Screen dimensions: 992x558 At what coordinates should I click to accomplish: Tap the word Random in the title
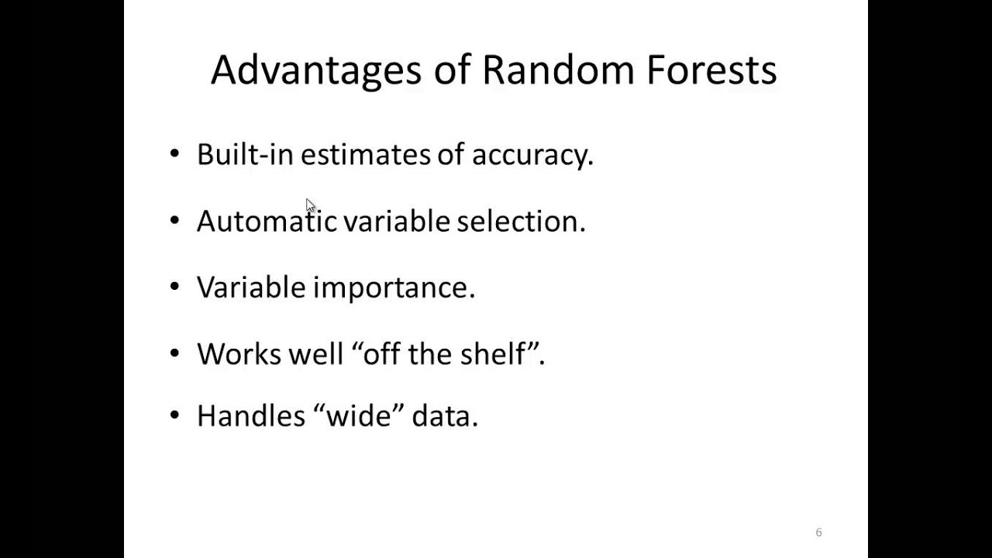pyautogui.click(x=558, y=70)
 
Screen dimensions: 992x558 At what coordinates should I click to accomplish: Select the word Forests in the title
pyautogui.click(x=711, y=70)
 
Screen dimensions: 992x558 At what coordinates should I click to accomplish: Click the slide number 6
pyautogui.click(x=819, y=532)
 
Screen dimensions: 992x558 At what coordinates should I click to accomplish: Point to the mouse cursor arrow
pyautogui.click(x=310, y=206)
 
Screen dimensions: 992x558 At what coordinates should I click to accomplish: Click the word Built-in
pyautogui.click(x=245, y=154)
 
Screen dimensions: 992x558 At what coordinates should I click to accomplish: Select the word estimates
pyautogui.click(x=365, y=155)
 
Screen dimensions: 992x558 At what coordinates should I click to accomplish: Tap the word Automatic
pyautogui.click(x=267, y=221)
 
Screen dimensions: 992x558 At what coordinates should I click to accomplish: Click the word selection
pyautogui.click(x=522, y=221)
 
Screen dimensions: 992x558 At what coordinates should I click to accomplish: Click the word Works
pyautogui.click(x=239, y=354)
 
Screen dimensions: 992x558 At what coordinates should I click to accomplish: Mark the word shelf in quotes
pyautogui.click(x=493, y=353)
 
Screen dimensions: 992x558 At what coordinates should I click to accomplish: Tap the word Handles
pyautogui.click(x=251, y=416)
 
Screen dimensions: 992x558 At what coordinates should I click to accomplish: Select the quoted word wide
pyautogui.click(x=359, y=416)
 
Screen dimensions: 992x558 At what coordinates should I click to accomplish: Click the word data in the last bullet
pyautogui.click(x=445, y=416)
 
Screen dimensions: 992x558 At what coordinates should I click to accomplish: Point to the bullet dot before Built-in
pyautogui.click(x=174, y=153)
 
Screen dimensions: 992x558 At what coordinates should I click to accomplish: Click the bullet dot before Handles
pyautogui.click(x=174, y=415)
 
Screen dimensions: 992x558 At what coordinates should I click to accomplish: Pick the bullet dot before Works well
pyautogui.click(x=174, y=353)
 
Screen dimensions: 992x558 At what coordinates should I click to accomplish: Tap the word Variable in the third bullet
pyautogui.click(x=251, y=287)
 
